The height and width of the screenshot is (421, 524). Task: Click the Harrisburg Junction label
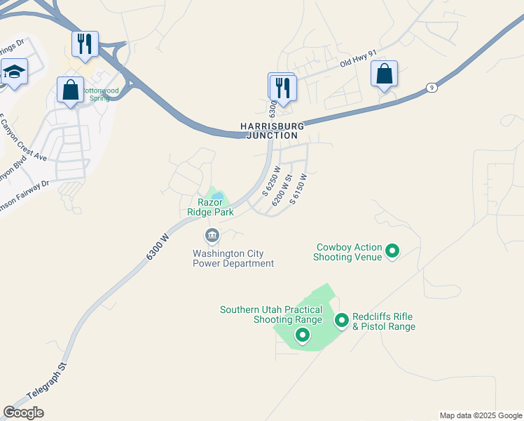pyautogui.click(x=273, y=131)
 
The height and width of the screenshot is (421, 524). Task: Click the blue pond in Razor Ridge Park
pyautogui.click(x=219, y=196)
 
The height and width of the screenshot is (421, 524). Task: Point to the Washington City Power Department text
pyautogui.click(x=233, y=258)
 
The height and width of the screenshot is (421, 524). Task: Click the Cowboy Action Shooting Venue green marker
pyautogui.click(x=393, y=250)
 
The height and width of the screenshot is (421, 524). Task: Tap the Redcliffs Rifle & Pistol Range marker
pyautogui.click(x=342, y=321)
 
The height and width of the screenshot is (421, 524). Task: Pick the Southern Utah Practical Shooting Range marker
pyautogui.click(x=303, y=335)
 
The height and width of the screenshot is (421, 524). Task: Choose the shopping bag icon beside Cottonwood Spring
pyautogui.click(x=70, y=91)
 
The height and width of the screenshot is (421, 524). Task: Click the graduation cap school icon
pyautogui.click(x=14, y=72)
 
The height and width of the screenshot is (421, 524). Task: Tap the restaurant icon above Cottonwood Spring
pyautogui.click(x=85, y=44)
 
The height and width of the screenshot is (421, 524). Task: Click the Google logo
pyautogui.click(x=23, y=413)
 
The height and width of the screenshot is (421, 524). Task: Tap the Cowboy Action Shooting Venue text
pyautogui.click(x=349, y=252)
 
